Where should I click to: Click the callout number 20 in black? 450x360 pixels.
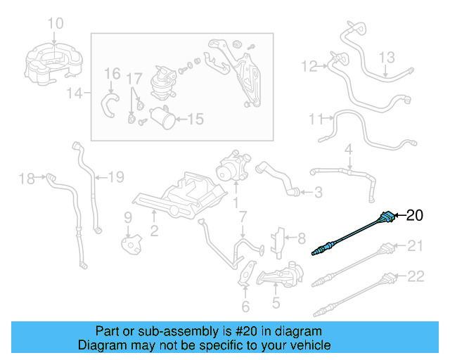[416, 215]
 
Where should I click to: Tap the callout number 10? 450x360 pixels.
[55, 25]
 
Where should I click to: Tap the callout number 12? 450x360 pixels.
[309, 67]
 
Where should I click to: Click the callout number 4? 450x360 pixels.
[347, 150]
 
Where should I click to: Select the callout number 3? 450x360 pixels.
[318, 192]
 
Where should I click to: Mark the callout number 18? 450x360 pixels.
[27, 179]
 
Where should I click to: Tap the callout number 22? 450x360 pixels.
[416, 276]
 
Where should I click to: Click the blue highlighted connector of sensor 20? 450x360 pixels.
[387, 217]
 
